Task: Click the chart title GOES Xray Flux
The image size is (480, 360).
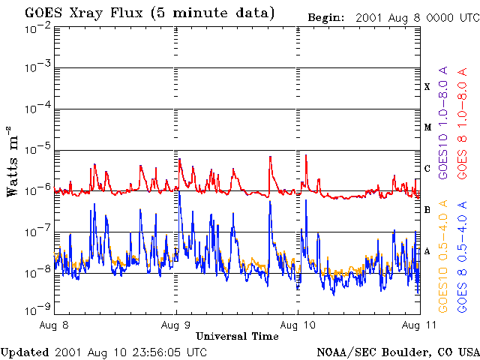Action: click(83, 13)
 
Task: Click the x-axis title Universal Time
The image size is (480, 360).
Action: click(237, 337)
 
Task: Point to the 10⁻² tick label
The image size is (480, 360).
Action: click(37, 31)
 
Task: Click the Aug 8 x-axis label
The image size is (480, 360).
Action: click(54, 325)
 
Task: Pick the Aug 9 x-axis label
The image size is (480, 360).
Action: click(175, 325)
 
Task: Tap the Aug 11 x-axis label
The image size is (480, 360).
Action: click(419, 325)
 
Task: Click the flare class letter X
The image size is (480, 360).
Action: click(427, 87)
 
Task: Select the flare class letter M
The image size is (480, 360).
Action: click(427, 127)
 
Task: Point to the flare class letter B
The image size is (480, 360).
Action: click(427, 210)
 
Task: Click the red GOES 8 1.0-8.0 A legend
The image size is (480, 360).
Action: click(462, 123)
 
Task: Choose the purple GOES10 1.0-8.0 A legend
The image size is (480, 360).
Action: click(443, 122)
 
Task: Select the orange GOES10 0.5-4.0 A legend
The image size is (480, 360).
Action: click(443, 256)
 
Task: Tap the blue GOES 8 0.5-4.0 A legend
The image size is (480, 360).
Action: click(462, 256)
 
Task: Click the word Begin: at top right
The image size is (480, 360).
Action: click(326, 18)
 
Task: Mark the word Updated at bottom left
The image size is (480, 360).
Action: click(25, 352)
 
